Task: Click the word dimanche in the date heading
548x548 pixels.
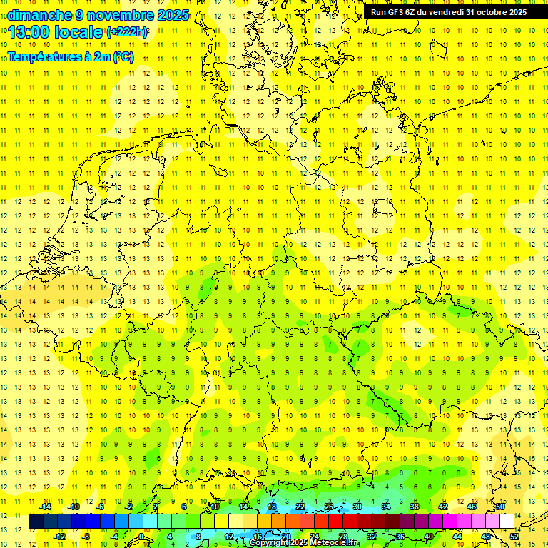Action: [36, 15]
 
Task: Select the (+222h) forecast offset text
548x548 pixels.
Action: [127, 32]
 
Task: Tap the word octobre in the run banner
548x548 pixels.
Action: [492, 12]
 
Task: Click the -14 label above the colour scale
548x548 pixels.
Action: [46, 507]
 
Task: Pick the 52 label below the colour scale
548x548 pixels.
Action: [514, 536]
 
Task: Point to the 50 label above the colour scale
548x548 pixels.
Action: [500, 507]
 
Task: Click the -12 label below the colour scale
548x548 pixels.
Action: [60, 536]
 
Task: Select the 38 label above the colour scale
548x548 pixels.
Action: [415, 507]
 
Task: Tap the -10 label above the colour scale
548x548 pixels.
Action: [73, 507]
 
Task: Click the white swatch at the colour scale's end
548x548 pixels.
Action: [507, 522]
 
